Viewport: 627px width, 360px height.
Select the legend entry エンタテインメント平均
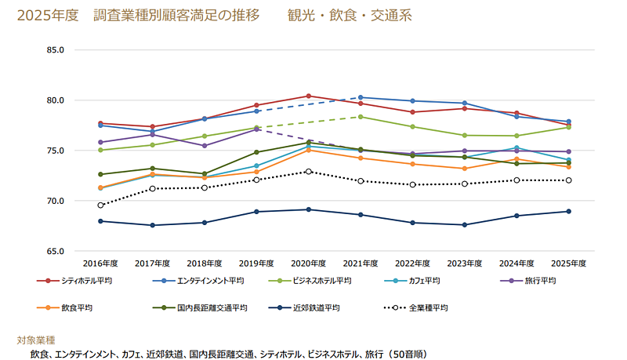[x=209, y=281]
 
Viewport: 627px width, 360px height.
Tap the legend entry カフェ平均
[x=429, y=281]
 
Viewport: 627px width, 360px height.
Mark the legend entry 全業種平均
[x=428, y=307]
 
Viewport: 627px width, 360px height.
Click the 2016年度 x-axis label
[x=100, y=264]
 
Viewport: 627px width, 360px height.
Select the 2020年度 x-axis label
[x=308, y=264]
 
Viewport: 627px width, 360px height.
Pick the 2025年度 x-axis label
[x=568, y=264]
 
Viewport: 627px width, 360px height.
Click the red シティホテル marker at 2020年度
[x=308, y=96]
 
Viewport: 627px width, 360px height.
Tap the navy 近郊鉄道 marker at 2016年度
[x=100, y=221]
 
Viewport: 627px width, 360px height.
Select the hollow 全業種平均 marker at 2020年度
[x=308, y=171]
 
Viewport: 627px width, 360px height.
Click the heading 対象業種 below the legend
[x=36, y=340]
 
